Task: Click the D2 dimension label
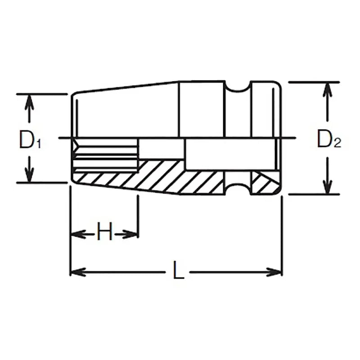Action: click(x=329, y=140)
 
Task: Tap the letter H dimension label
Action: click(x=104, y=233)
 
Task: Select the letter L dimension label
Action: click(x=179, y=271)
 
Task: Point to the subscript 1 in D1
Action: click(x=39, y=144)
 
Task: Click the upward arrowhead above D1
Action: click(x=29, y=101)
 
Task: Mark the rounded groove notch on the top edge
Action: click(x=238, y=87)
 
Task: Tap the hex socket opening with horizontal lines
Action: click(x=106, y=155)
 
